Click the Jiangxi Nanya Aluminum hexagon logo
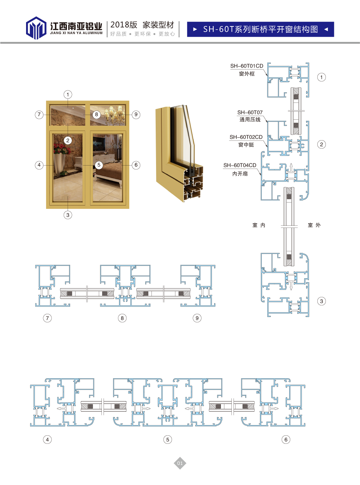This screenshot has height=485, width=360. tap(36, 28)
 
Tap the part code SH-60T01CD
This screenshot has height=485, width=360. tap(247, 66)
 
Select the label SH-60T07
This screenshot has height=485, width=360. tap(250, 112)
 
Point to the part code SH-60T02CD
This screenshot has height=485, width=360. tap(246, 137)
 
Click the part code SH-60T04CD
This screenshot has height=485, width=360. tap(240, 165)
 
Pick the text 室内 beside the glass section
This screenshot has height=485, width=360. tap(259, 225)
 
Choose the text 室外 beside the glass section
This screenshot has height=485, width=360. tap(314, 225)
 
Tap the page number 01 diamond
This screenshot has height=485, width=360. tap(180, 463)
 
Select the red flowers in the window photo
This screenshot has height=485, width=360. tap(62, 149)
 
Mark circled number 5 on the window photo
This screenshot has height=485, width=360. tap(99, 165)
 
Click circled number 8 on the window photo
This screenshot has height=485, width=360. tap(97, 114)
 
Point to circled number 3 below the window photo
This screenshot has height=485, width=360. tap(68, 215)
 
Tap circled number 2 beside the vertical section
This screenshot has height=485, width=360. tap(321, 144)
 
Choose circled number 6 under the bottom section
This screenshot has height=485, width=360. tap(286, 440)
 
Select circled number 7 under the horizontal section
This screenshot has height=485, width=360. tap(48, 318)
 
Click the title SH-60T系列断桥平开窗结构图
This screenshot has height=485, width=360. tap(260, 29)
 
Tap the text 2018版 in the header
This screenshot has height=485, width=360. tap(124, 25)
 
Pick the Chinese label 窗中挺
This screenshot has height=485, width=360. tap(246, 145)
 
